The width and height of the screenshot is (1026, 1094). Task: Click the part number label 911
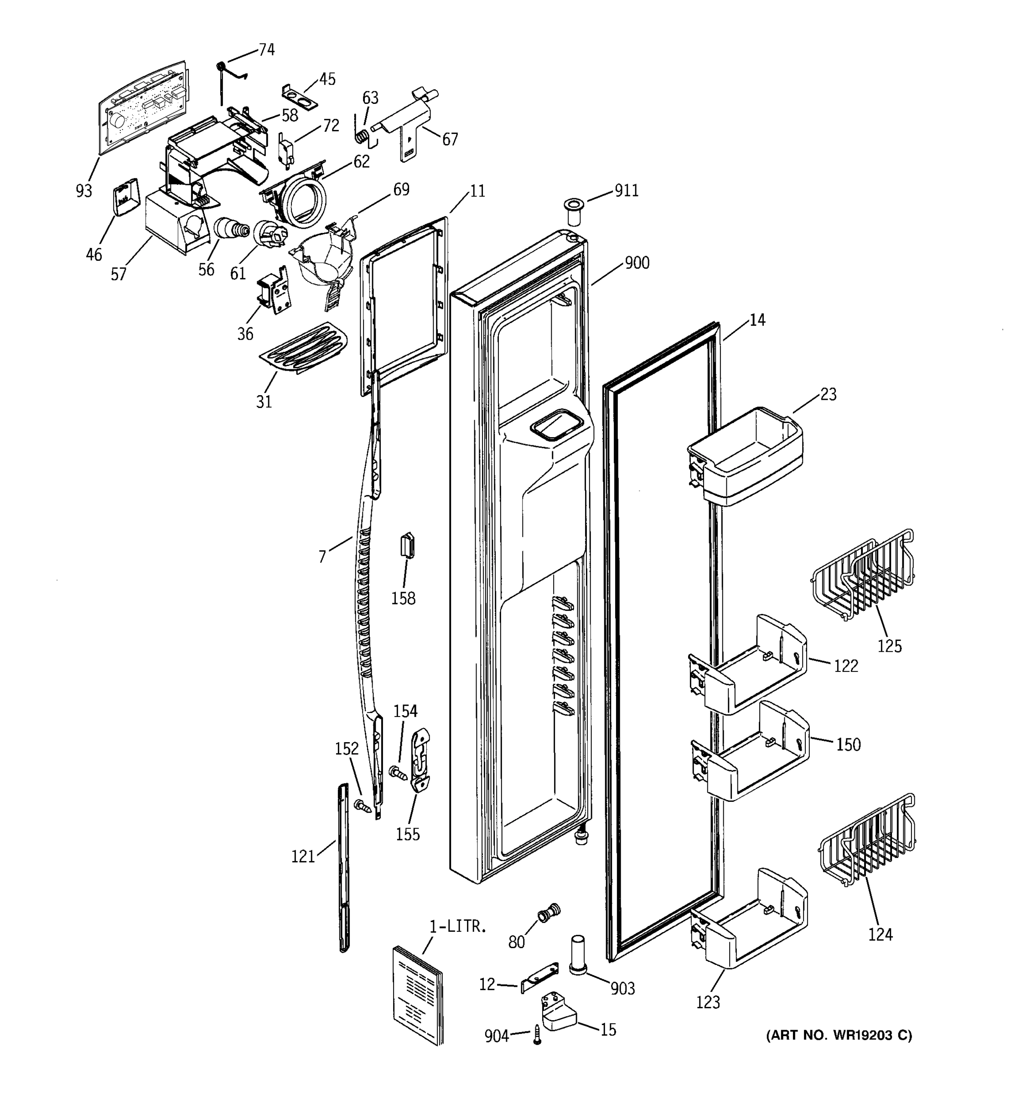click(x=627, y=191)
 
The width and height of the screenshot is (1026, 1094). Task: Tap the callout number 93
click(x=83, y=191)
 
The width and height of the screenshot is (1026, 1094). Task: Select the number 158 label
click(x=403, y=599)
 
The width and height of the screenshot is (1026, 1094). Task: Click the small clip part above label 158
click(x=407, y=545)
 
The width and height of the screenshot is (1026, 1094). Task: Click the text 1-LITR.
click(x=458, y=927)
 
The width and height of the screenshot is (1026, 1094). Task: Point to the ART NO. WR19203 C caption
click(x=839, y=1036)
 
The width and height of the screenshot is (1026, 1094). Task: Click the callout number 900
click(x=637, y=263)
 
